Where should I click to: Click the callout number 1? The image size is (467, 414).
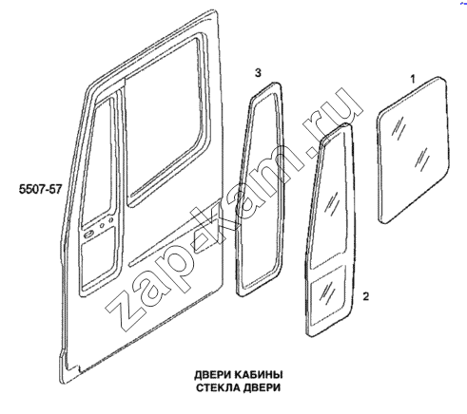tap(413, 79)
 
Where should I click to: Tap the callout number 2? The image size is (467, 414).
tap(366, 296)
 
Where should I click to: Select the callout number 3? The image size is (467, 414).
tap(258, 73)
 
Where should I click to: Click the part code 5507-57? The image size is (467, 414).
tap(40, 190)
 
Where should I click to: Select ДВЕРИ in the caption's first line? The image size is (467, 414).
tap(212, 375)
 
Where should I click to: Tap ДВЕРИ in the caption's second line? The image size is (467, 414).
tap(262, 387)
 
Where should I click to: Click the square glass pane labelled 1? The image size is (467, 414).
tap(414, 150)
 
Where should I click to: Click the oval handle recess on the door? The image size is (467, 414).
tap(88, 235)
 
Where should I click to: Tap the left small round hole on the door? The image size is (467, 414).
tap(102, 225)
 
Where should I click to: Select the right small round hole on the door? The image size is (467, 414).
tap(110, 219)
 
